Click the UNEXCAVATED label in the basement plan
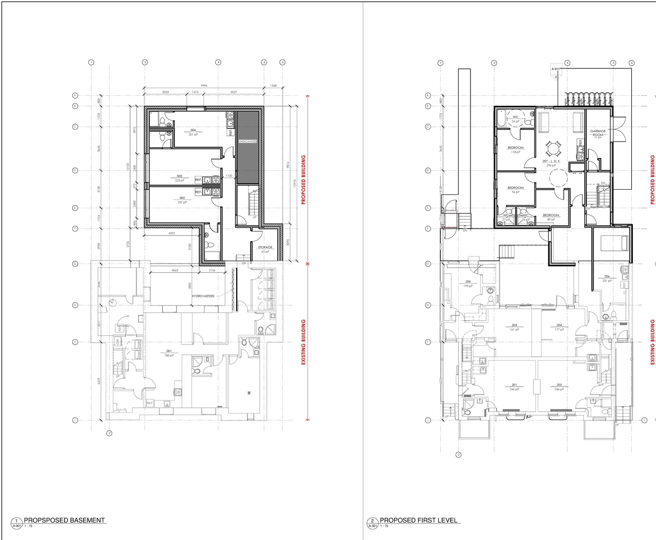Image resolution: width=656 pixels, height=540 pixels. point(248,142)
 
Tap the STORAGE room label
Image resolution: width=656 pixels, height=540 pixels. point(265,248)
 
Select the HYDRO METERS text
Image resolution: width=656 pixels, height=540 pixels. point(203,296)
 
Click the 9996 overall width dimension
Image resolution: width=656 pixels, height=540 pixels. point(204,86)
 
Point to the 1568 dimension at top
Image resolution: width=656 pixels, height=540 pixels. point(273,86)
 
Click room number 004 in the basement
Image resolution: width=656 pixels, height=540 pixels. point(193,130)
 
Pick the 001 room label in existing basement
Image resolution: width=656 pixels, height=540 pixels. point(169,351)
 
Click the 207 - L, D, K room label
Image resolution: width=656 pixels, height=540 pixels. point(551,161)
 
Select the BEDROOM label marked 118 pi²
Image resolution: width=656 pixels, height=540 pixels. point(516,148)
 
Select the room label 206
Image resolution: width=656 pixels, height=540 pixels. point(607,276)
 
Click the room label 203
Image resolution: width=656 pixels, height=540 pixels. point(514,325)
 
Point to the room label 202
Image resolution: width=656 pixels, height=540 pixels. point(559,385)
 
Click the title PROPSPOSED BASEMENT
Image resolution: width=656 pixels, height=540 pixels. point(64,520)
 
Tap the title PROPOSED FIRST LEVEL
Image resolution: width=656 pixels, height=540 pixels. point(419,520)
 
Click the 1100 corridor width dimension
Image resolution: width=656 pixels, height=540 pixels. point(229,176)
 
